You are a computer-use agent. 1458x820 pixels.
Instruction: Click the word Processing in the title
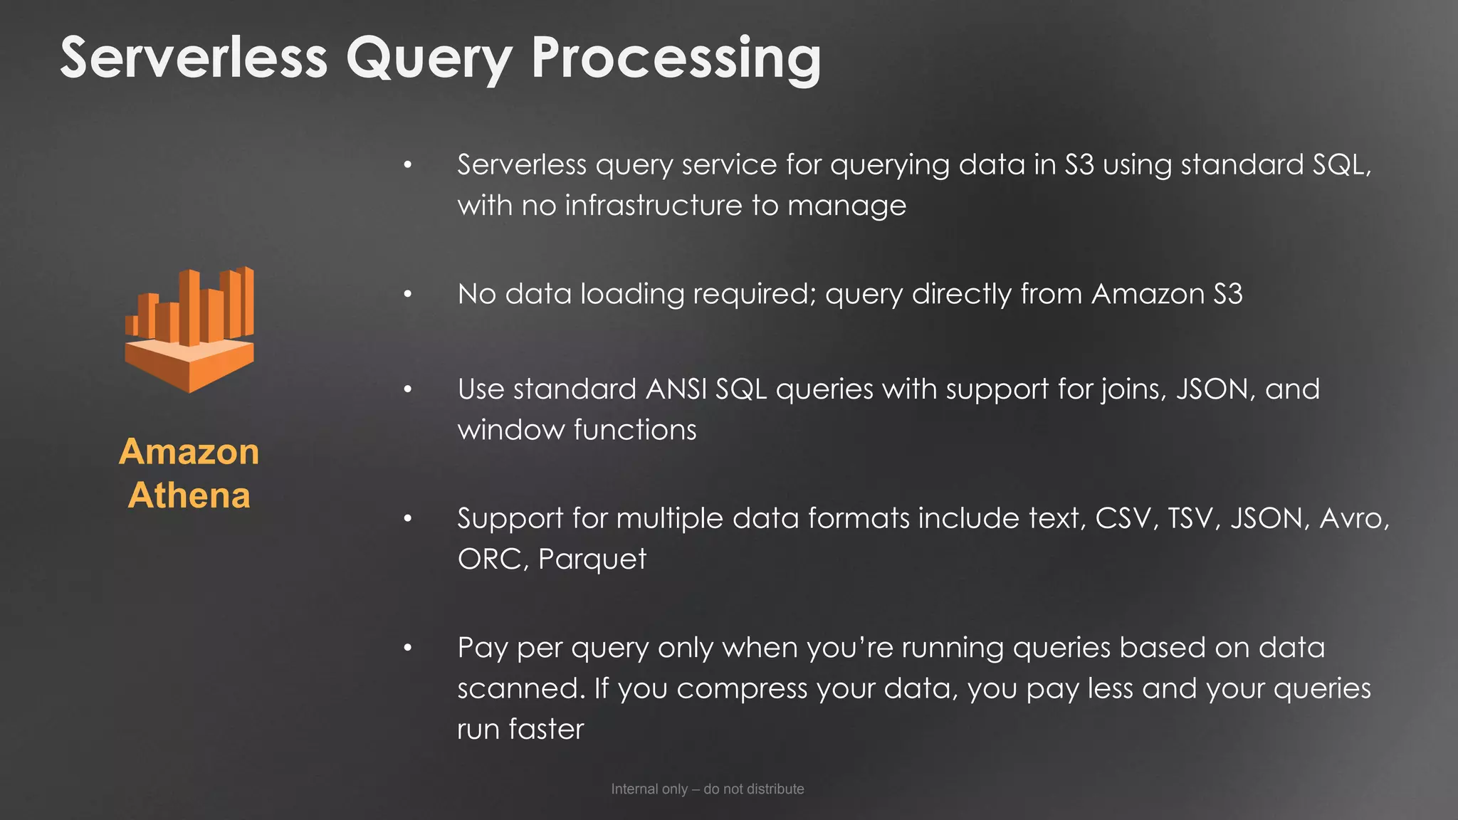coord(676,58)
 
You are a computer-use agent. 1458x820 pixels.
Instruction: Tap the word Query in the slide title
coord(429,58)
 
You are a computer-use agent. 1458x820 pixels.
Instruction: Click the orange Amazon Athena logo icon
coord(189,330)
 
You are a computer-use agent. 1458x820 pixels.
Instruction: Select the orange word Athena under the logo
coord(189,495)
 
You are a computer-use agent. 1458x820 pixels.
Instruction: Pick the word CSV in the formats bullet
coord(1123,518)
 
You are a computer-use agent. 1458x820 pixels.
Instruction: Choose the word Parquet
coord(592,559)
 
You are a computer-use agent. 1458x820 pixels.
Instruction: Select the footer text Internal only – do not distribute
coord(708,789)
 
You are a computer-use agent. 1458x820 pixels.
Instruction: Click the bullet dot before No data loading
coord(408,294)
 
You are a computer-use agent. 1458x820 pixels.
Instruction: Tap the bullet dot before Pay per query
coord(408,648)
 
